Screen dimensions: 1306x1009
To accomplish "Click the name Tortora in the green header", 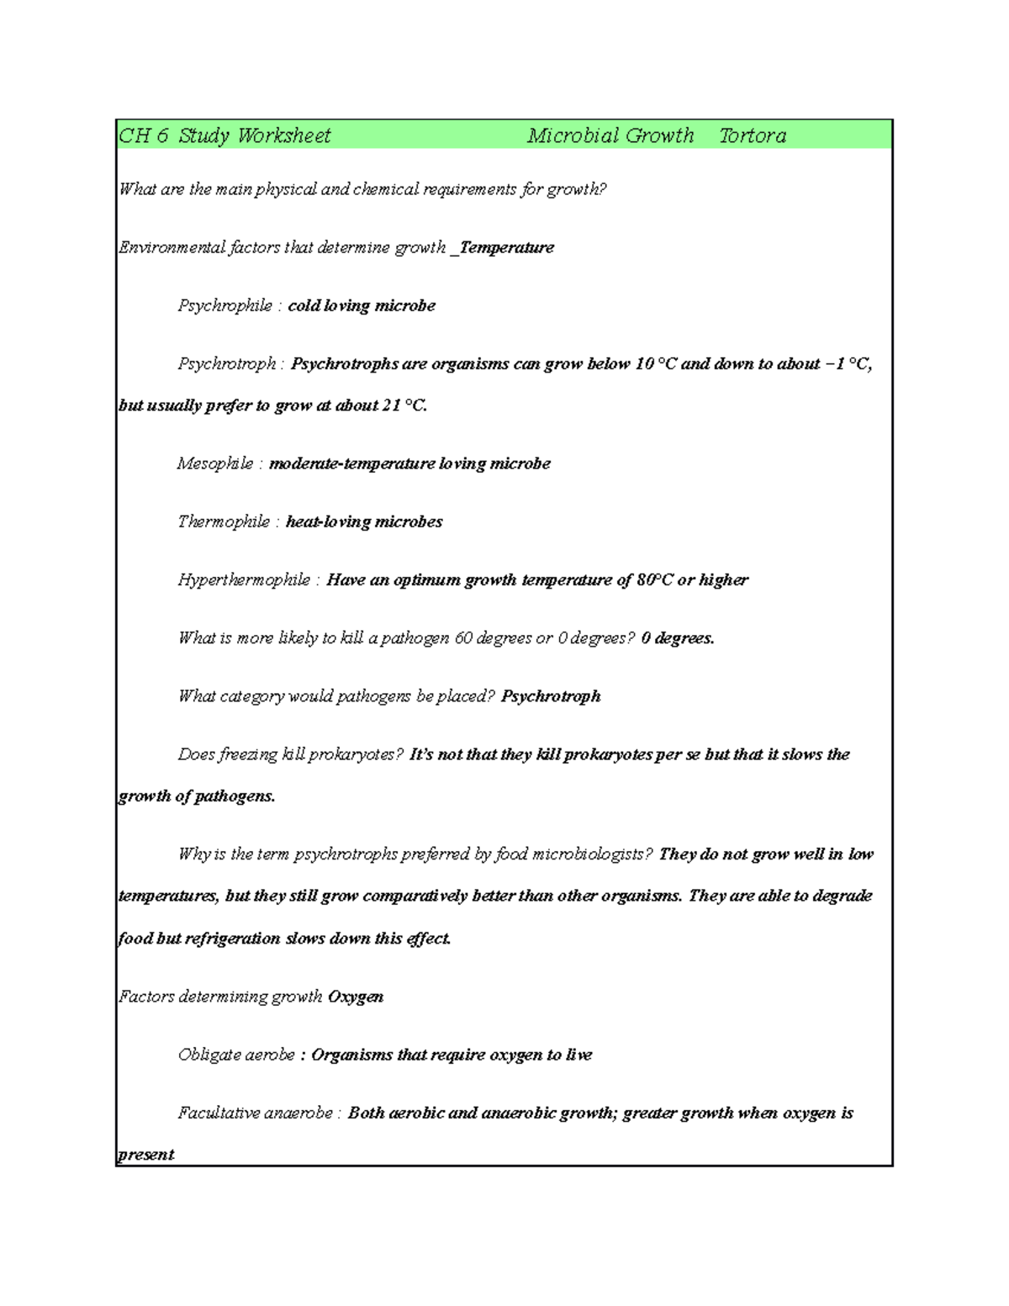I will coord(753,135).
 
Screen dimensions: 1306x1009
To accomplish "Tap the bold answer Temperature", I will coord(507,247).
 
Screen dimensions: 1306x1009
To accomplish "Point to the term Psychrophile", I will coord(225,305).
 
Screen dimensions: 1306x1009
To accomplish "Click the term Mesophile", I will coord(215,463).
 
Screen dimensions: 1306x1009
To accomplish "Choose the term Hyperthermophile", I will coord(244,579).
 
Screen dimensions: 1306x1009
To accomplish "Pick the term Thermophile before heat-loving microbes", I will coord(224,521).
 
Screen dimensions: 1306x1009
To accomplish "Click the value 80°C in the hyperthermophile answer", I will coord(655,579).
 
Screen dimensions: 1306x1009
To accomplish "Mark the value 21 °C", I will coord(404,405).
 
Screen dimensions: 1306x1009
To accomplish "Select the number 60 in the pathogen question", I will coord(463,637).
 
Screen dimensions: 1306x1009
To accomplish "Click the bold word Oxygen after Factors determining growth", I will coord(356,997).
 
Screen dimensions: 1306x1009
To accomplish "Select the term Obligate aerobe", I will coord(236,1055).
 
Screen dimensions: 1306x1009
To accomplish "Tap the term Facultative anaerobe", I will coord(255,1113).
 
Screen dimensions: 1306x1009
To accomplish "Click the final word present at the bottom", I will coord(145,1155).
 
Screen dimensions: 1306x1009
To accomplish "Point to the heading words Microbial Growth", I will coord(610,135).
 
